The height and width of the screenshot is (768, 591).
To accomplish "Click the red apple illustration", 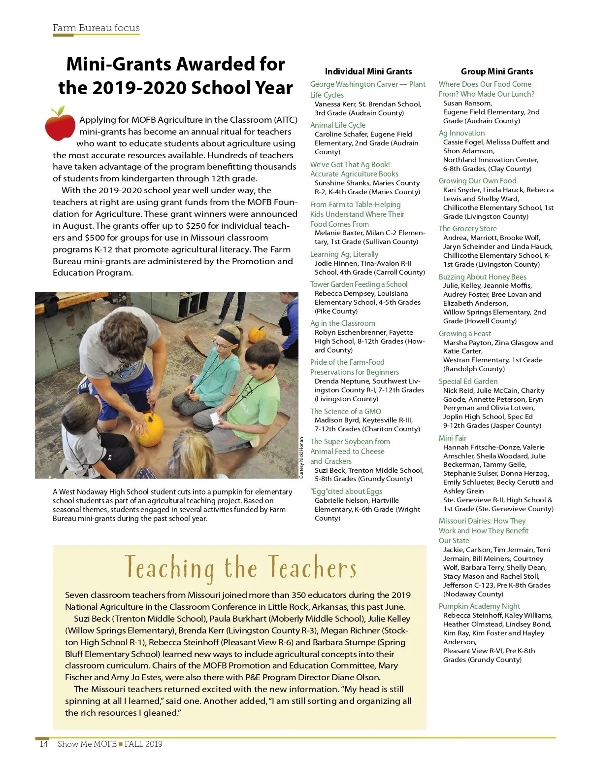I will click(60, 124).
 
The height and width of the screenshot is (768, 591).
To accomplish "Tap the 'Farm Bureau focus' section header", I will click(96, 28).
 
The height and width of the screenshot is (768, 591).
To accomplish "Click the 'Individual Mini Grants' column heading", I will click(368, 71).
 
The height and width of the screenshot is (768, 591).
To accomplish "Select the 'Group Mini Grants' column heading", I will click(496, 71).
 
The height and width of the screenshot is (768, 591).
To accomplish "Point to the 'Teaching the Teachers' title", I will click(240, 568).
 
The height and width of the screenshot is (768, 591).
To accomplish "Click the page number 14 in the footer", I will click(43, 744).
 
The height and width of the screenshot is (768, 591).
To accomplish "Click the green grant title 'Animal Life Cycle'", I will click(337, 125).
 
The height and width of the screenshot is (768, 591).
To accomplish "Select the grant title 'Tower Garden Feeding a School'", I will click(359, 284).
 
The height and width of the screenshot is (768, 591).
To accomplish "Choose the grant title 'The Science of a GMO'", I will click(345, 412).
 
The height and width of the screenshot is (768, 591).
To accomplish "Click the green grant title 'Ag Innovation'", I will click(461, 133).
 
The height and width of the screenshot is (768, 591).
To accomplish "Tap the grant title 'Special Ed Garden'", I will click(468, 382).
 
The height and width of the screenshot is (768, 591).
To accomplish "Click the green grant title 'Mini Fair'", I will click(452, 438).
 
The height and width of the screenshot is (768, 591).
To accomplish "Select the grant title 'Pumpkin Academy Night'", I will click(479, 606).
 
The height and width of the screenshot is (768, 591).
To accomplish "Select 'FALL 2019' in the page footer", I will click(143, 744).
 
